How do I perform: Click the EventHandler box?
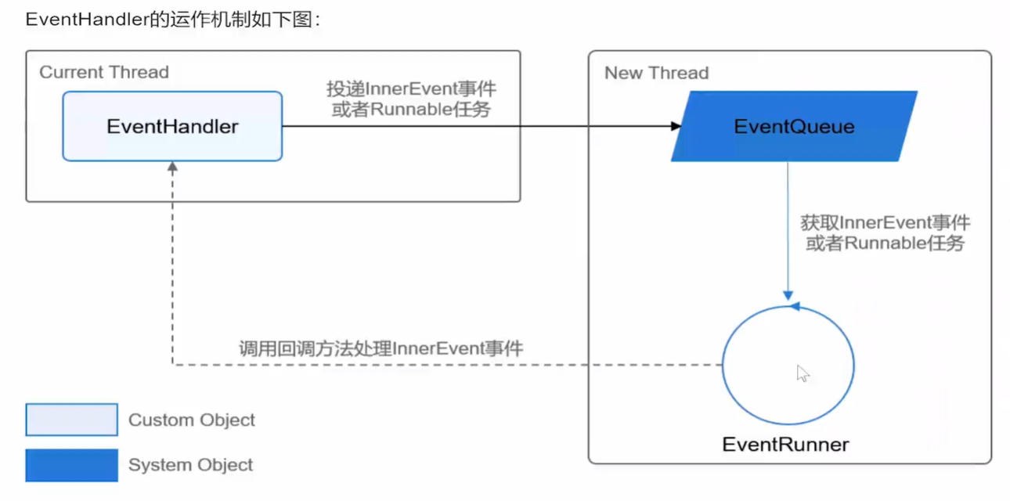tap(172, 126)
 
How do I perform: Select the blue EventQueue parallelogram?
tap(794, 126)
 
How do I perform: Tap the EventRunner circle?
tap(788, 366)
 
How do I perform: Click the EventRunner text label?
tap(785, 445)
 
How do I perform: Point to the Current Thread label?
tap(104, 73)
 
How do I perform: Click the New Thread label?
tap(656, 74)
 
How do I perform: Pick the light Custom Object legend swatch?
tap(71, 420)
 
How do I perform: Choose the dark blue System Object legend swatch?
tap(71, 465)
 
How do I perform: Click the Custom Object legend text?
tap(192, 420)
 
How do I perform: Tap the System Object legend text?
tap(190, 465)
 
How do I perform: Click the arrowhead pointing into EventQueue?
tap(676, 126)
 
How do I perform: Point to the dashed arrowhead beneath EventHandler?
tap(172, 167)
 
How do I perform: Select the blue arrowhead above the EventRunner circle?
tap(794, 306)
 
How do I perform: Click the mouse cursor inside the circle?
tap(803, 373)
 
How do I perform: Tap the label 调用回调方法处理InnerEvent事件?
tap(381, 348)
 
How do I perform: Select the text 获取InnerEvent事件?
tap(885, 223)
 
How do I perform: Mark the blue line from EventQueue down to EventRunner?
tap(788, 227)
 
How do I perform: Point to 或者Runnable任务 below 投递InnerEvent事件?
tap(411, 110)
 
